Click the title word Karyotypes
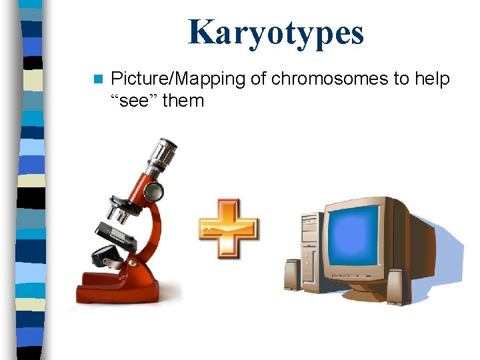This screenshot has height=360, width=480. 276,33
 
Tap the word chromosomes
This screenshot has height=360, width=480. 329,79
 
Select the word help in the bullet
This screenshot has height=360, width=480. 432,79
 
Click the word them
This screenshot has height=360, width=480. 183,101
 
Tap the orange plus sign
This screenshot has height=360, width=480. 229,229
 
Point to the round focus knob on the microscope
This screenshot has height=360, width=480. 154,192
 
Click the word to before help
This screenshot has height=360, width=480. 401,79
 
